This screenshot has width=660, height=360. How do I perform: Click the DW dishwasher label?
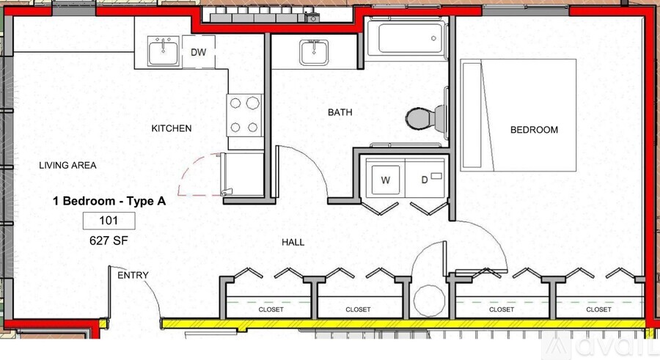click(x=198, y=52)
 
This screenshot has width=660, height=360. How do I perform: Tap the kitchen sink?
click(x=164, y=51)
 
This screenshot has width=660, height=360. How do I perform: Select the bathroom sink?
click(x=314, y=53)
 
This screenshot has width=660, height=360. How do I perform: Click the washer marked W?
click(x=385, y=179)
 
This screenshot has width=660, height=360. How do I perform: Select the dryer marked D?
click(x=425, y=179)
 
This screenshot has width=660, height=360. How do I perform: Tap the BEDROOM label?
click(x=534, y=130)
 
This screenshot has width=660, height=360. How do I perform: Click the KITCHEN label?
click(x=172, y=128)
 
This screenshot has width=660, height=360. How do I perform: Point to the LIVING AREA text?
click(x=67, y=166)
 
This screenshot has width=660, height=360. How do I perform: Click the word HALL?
click(x=293, y=242)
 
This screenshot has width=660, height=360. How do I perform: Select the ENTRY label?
click(x=133, y=276)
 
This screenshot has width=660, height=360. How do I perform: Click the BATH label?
click(x=340, y=112)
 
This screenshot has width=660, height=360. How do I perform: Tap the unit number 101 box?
click(x=109, y=221)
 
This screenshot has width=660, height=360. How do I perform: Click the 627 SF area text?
click(x=109, y=240)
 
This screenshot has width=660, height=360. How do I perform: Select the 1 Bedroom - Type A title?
click(x=109, y=202)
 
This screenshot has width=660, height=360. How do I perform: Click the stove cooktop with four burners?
click(x=244, y=115)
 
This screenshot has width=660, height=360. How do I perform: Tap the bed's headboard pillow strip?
click(x=472, y=115)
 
